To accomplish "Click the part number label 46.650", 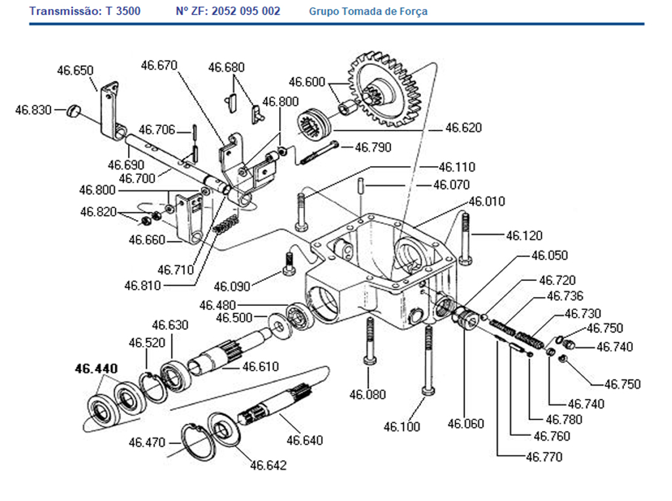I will (75, 70).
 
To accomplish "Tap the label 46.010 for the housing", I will (487, 202).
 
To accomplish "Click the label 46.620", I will (463, 127).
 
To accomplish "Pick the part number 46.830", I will (33, 110).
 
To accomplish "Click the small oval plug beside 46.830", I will (74, 111).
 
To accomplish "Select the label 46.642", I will (268, 466).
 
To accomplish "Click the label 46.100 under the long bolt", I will (401, 427).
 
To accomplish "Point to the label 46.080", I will (367, 395).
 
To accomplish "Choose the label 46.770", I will (544, 457).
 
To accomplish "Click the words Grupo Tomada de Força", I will (368, 11).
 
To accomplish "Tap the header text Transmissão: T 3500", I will (85, 11).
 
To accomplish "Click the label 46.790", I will (372, 147).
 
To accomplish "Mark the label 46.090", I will (232, 286).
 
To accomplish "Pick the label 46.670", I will (159, 65).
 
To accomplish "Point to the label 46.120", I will (524, 235).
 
